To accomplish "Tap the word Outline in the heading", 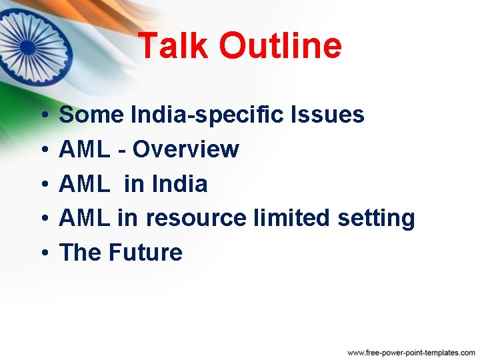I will [x=279, y=46].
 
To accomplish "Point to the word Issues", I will [x=329, y=115].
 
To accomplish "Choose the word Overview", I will [x=185, y=149].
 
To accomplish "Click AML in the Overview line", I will [x=85, y=149].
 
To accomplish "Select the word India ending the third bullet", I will [x=180, y=183].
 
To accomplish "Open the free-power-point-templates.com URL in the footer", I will [x=411, y=351].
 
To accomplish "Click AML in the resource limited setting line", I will [x=85, y=218].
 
